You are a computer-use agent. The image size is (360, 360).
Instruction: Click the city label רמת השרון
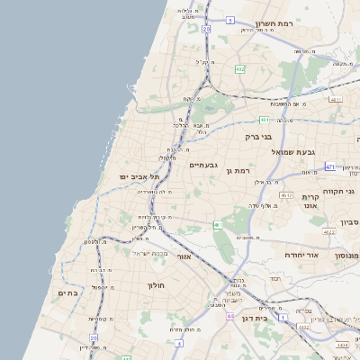coord(275,24)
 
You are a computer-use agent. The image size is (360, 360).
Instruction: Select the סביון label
coord(349,221)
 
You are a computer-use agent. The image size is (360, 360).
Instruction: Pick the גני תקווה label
coord(345,191)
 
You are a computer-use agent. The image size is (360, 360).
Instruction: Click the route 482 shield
coord(239,68)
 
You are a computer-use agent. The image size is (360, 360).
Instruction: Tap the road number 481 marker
coord(265,120)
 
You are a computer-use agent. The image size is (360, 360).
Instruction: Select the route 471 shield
coord(330,166)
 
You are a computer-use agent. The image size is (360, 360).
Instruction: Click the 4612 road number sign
coord(286,195)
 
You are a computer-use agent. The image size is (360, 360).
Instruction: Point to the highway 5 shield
coord(230,20)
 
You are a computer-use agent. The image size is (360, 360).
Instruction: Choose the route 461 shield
coord(218,225)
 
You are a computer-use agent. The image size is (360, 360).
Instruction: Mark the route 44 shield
coord(230,317)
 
